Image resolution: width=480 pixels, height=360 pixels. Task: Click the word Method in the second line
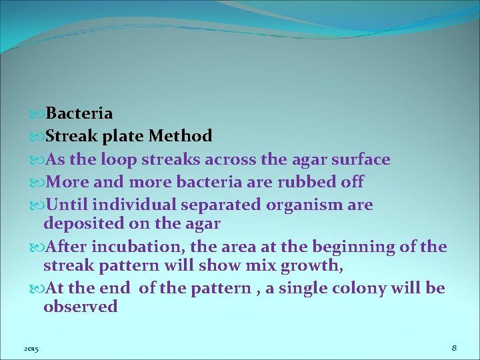tap(180, 137)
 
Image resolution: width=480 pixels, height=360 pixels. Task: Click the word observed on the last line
tap(80, 307)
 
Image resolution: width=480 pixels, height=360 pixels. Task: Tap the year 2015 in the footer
tap(31, 349)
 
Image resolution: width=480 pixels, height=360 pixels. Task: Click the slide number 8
tap(453, 348)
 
